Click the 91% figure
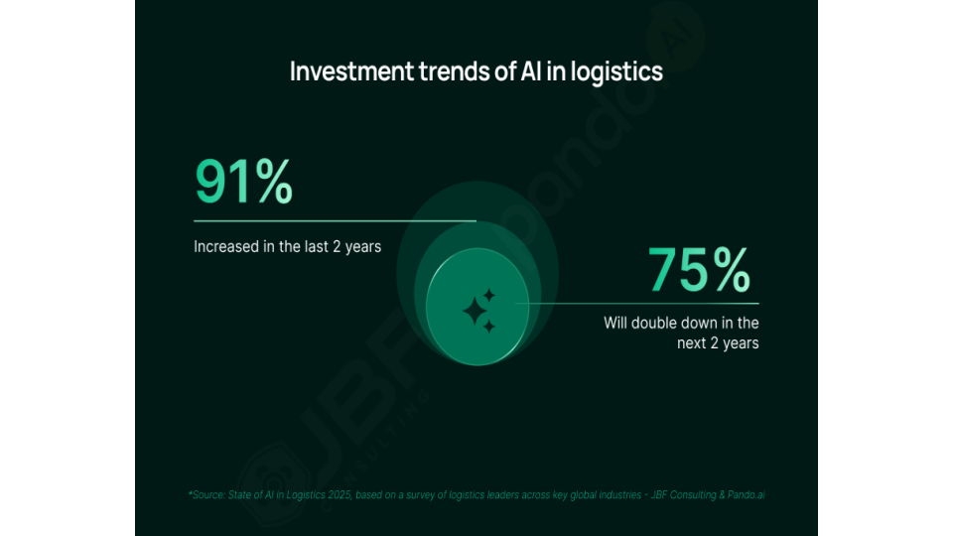pos(244,181)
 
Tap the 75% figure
pos(699,269)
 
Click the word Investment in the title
pos(351,71)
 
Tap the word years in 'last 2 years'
pos(363,247)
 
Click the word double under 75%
pos(655,323)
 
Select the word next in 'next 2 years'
pos(691,343)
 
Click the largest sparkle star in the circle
pos(476,312)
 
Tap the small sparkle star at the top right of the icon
pos(489,296)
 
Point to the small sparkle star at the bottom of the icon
pos(489,327)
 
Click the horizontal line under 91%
pos(335,220)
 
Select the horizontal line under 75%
pos(637,303)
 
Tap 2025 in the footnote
pos(340,494)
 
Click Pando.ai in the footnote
pos(746,494)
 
